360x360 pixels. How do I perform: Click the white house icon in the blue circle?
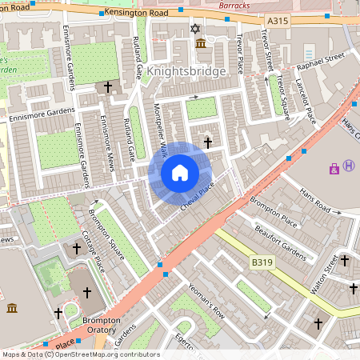pyautogui.click(x=179, y=173)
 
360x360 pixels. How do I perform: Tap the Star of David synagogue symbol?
pyautogui.click(x=193, y=29)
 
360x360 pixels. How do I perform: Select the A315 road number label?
pyautogui.click(x=278, y=20)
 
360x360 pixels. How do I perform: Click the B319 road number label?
pyautogui.click(x=262, y=262)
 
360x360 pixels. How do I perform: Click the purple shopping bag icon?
pyautogui.click(x=334, y=168)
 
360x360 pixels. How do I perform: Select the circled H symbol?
pyautogui.click(x=349, y=166)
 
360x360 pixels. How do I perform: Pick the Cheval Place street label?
pyautogui.click(x=198, y=196)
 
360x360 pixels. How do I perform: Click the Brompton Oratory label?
pyautogui.click(x=102, y=324)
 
